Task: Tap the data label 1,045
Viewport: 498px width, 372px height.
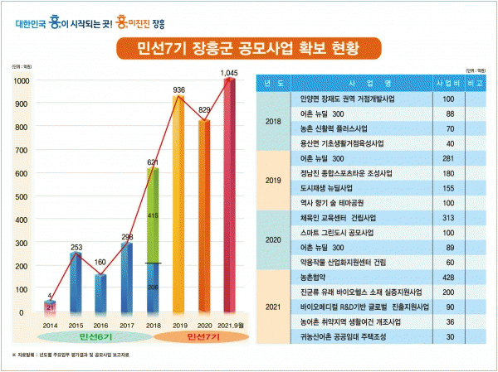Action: click(230, 73)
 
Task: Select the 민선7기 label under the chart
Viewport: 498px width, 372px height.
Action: click(203, 339)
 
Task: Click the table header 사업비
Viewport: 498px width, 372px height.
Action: click(448, 84)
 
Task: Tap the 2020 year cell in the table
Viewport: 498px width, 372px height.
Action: click(272, 239)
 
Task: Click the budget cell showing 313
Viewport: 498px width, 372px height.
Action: click(448, 217)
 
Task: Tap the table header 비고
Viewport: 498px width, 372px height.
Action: click(476, 84)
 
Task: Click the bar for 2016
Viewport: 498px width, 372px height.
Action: click(100, 293)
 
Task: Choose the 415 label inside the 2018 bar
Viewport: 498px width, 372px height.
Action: click(152, 215)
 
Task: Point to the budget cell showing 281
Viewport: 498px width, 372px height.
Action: click(448, 157)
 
